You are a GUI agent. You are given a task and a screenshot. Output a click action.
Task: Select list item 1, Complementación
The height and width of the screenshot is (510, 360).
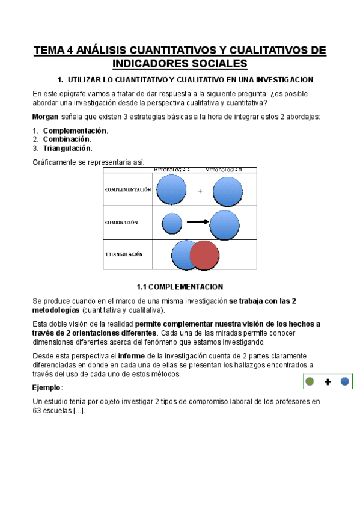pyautogui.click(x=75, y=131)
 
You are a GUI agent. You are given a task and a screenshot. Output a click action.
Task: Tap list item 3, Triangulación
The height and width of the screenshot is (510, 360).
pyautogui.click(x=67, y=148)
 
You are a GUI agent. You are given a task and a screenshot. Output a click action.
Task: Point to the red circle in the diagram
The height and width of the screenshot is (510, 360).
pyautogui.click(x=205, y=254)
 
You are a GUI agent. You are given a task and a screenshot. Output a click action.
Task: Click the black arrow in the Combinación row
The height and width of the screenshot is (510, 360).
pyautogui.click(x=197, y=222)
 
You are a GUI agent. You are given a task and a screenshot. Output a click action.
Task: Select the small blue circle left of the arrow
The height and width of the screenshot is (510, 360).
pyautogui.click(x=172, y=224)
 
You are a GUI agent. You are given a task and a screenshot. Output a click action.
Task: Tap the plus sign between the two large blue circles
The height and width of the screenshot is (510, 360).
pyautogui.click(x=200, y=191)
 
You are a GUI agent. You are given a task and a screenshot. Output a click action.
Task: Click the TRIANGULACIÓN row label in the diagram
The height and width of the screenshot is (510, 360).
pyautogui.click(x=124, y=254)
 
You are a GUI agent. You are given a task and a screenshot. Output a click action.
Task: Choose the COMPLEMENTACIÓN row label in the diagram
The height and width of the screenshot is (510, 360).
pyautogui.click(x=127, y=189)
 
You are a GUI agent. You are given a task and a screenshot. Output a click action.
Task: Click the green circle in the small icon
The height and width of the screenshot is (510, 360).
pyautogui.click(x=310, y=381)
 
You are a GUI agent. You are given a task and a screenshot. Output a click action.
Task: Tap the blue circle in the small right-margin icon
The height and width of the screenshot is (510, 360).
pyautogui.click(x=344, y=381)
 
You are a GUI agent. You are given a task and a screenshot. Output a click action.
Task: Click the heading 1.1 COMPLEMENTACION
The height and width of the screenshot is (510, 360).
pyautogui.click(x=180, y=286)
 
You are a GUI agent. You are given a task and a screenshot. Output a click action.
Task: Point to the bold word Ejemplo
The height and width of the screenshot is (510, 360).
pyautogui.click(x=46, y=388)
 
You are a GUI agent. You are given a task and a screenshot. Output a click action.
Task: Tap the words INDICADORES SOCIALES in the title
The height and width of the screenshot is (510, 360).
pyautogui.click(x=180, y=64)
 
